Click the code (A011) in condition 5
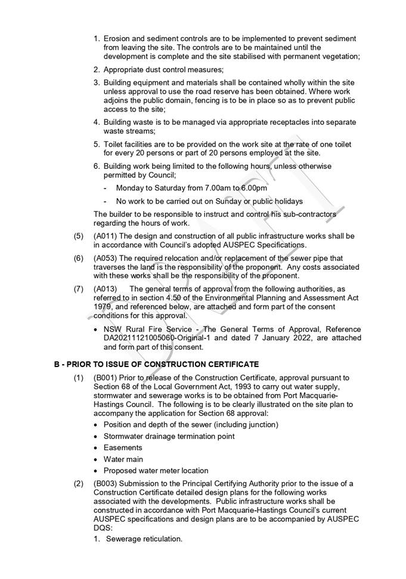point(106,236)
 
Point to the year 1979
point(103,306)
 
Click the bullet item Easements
point(123,448)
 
